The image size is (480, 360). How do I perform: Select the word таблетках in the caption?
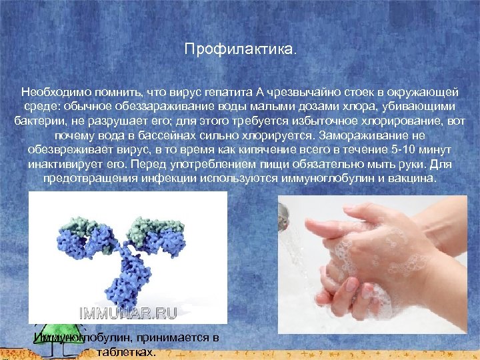pos(127,352)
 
